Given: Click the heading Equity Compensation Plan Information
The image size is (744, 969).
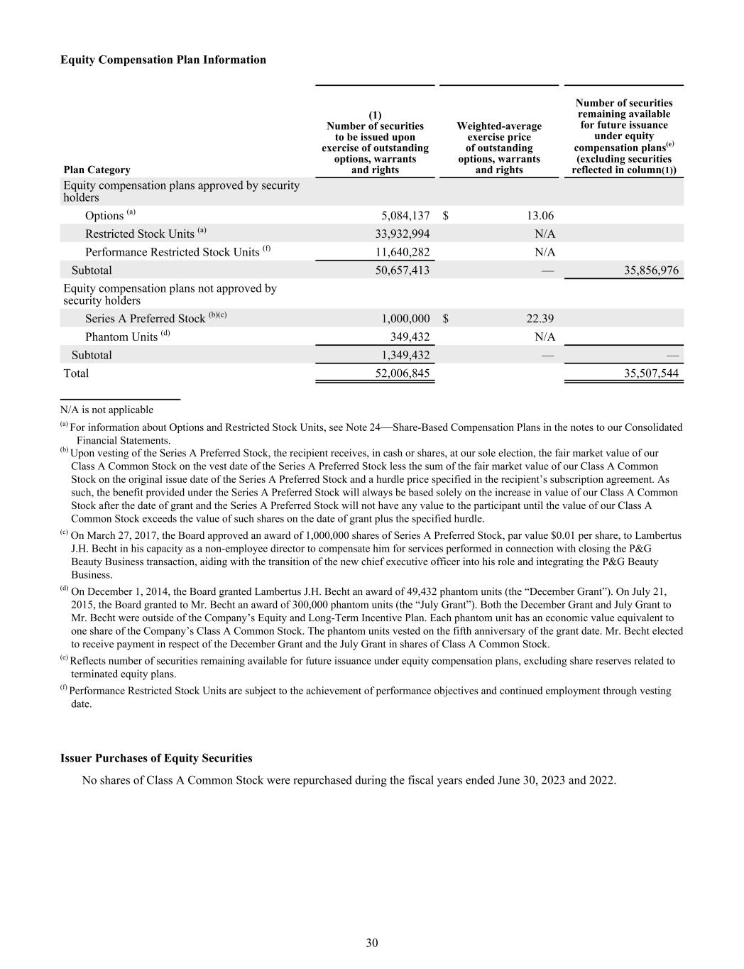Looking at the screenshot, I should click(163, 60).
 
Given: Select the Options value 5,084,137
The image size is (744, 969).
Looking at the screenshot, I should click(402, 216).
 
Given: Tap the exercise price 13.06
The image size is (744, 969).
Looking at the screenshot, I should click(538, 216).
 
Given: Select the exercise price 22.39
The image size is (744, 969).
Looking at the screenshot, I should click(538, 319).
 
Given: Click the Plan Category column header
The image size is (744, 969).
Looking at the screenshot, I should click(97, 170).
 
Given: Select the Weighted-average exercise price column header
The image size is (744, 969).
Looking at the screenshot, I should click(498, 148).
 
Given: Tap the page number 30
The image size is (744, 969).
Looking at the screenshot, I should click(372, 943).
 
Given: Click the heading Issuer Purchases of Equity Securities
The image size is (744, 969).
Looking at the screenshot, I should click(156, 758).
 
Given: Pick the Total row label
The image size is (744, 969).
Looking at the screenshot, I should click(76, 373).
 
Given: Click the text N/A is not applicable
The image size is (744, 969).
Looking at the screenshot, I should click(106, 410).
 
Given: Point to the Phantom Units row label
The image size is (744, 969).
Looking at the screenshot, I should click(121, 336).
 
